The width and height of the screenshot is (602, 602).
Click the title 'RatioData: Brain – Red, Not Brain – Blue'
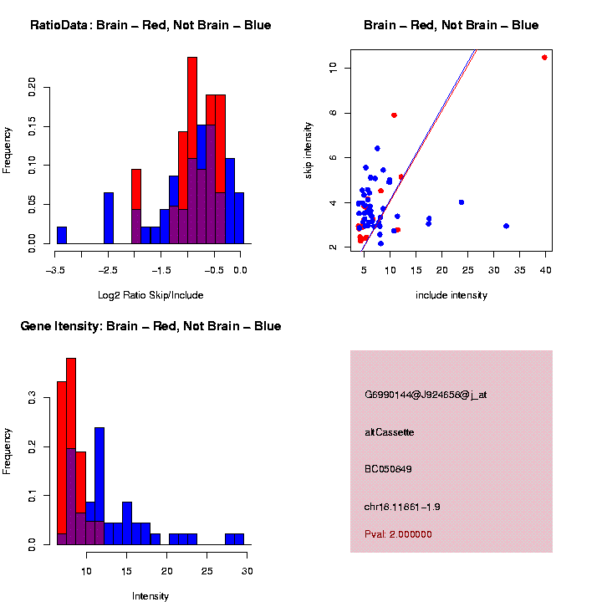coord(150,26)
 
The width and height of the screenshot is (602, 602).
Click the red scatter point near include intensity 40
coord(544,58)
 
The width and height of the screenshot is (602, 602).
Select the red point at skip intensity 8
coord(394,115)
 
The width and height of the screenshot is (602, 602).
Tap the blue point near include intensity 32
coord(506,226)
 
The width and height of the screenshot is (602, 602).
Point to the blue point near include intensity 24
coord(462,202)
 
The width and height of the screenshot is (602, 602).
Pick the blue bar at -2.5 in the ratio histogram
coord(109,218)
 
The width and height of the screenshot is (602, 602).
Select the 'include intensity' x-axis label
coord(451,294)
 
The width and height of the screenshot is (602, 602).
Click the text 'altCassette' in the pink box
coord(390,432)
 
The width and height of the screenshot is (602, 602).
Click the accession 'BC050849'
coord(388,469)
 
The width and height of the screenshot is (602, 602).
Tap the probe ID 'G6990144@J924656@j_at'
coord(426,395)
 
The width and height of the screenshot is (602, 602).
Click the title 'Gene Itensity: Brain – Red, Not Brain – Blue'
coord(150,326)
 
